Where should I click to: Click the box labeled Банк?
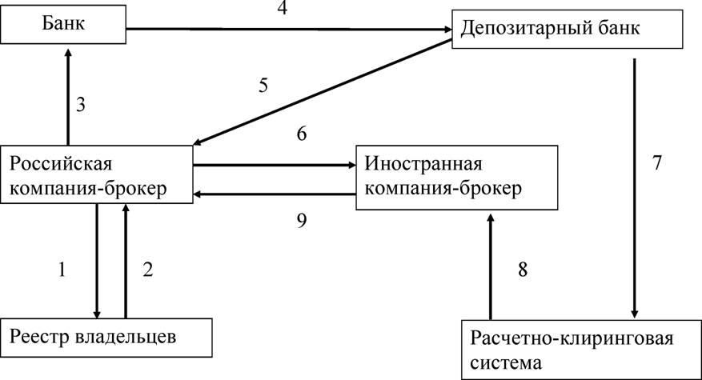tap(63, 24)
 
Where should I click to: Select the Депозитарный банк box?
tap(568, 29)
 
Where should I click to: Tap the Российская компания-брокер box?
tap(97, 174)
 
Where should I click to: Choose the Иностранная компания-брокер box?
tap(456, 178)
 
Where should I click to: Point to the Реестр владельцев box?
tap(106, 338)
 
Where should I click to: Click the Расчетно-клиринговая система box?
tap(581, 350)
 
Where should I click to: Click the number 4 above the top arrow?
tap(282, 8)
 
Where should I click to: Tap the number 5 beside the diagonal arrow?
tap(263, 85)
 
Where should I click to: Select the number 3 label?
tap(81, 105)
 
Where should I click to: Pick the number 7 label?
tap(657, 163)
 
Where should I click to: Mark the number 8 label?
tap(523, 270)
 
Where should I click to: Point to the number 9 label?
tap(302, 220)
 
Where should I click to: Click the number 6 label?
tap(302, 134)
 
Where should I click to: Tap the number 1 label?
tap(62, 270)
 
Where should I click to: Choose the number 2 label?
tap(148, 270)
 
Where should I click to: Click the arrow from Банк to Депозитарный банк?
tap(289, 30)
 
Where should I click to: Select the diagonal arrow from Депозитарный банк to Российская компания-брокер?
tap(323, 92)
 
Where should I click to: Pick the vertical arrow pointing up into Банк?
tap(68, 97)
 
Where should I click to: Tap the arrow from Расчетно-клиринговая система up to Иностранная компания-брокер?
tap(491, 266)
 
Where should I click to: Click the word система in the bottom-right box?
tap(506, 362)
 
